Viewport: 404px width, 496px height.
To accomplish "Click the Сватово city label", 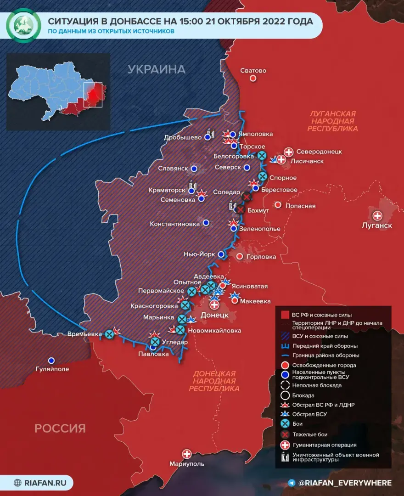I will tap(253, 71).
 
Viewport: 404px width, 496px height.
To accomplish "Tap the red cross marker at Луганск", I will tap(377, 215).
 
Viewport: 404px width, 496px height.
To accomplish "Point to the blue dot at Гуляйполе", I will tap(51, 361).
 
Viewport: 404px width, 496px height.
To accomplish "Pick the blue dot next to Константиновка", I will tap(206, 223).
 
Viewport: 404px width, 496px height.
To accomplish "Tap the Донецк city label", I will tap(214, 316).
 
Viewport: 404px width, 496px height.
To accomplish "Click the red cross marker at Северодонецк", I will tap(289, 152).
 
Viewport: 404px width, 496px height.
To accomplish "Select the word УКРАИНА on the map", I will tap(157, 69).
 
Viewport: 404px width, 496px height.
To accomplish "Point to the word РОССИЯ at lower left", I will tap(60, 428).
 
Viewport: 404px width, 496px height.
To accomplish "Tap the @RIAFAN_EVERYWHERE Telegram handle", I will tap(344, 483).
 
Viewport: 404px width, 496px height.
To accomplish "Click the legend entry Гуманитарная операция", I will tap(324, 445).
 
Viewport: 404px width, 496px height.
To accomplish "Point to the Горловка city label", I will tap(262, 257).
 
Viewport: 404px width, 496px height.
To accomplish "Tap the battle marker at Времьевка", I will tap(109, 334).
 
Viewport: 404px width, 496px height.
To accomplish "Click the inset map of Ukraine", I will tap(58, 92).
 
